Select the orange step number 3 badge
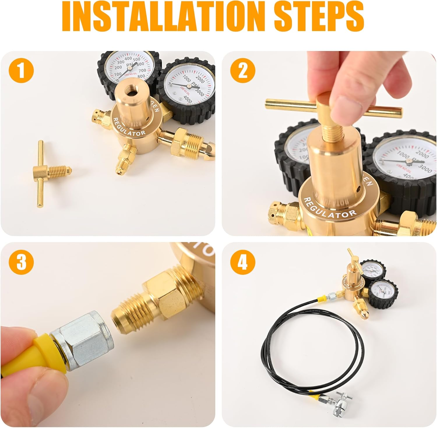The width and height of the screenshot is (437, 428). [x=21, y=261]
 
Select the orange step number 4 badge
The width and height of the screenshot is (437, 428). [x=243, y=261]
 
